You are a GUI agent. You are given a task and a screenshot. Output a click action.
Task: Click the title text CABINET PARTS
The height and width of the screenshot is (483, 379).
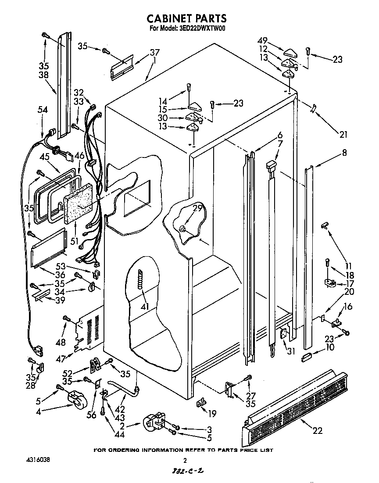tap(186, 18)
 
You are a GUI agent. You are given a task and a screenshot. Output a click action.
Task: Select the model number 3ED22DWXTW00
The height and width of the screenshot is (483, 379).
tap(203, 29)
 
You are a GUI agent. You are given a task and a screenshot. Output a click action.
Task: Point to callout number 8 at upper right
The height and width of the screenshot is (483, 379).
tap(344, 153)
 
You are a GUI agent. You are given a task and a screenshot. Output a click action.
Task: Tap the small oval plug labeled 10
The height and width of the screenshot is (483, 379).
tap(307, 354)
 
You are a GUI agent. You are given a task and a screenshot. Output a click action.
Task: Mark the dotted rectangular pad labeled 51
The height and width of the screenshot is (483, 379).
tap(79, 202)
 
